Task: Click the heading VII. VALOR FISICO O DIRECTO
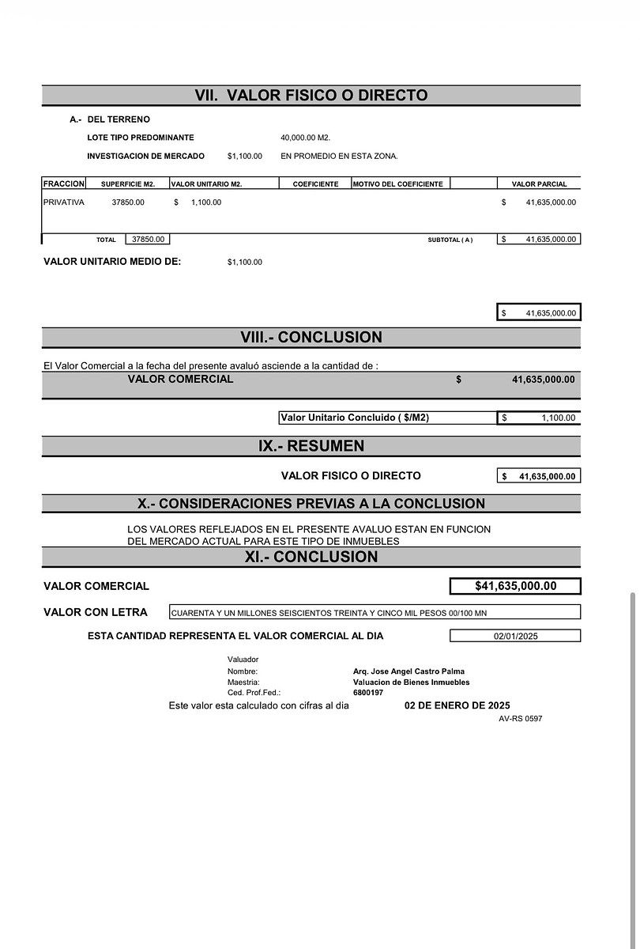tap(311, 96)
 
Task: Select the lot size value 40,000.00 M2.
tap(305, 138)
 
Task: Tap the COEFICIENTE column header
tap(315, 184)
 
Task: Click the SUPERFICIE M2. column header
tap(128, 184)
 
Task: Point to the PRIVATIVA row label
tap(64, 202)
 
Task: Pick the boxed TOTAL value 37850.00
tap(148, 239)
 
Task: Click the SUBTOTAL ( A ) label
tap(450, 240)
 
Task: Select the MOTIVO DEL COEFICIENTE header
tap(398, 184)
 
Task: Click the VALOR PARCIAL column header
tap(539, 184)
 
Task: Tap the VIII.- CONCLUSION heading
tap(311, 338)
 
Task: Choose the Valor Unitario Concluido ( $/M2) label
tap(355, 418)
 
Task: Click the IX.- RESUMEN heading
tap(311, 446)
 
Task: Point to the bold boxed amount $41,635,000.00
tap(515, 586)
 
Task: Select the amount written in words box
tap(375, 612)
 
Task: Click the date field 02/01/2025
tap(515, 636)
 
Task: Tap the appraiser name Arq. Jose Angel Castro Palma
tap(408, 671)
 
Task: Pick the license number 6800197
tap(368, 693)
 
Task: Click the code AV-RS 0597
tap(520, 719)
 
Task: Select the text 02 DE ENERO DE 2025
tap(457, 705)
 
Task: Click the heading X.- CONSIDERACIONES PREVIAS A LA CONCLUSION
tap(311, 504)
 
